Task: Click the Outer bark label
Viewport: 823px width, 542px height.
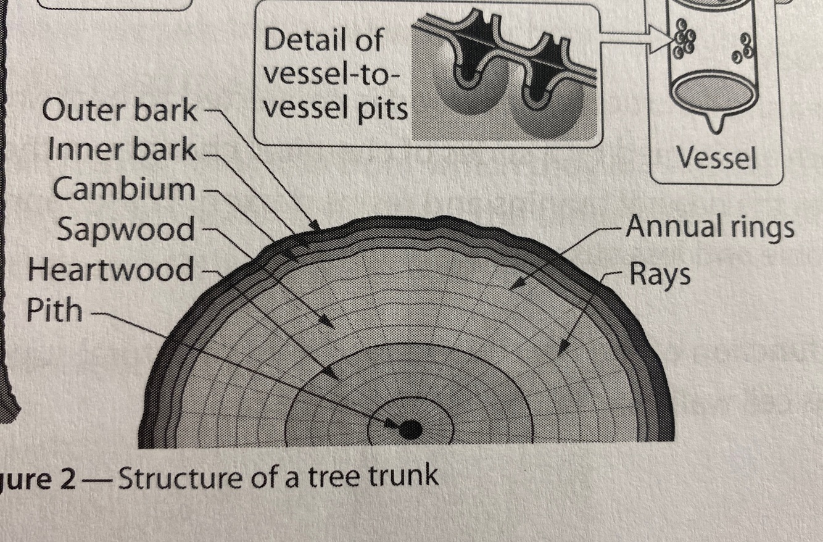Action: click(120, 111)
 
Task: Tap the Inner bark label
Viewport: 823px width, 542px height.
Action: click(122, 151)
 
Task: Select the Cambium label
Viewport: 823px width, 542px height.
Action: click(123, 189)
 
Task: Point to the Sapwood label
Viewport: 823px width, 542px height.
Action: click(126, 230)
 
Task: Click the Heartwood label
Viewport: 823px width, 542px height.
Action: click(110, 270)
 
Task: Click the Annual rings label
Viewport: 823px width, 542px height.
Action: click(710, 227)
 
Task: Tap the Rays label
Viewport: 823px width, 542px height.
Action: click(660, 274)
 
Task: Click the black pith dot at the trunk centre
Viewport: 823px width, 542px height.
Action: click(410, 429)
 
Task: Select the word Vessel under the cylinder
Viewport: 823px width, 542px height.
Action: click(716, 159)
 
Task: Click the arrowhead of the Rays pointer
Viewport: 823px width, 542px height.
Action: click(560, 352)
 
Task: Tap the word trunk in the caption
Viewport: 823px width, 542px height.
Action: click(403, 477)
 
